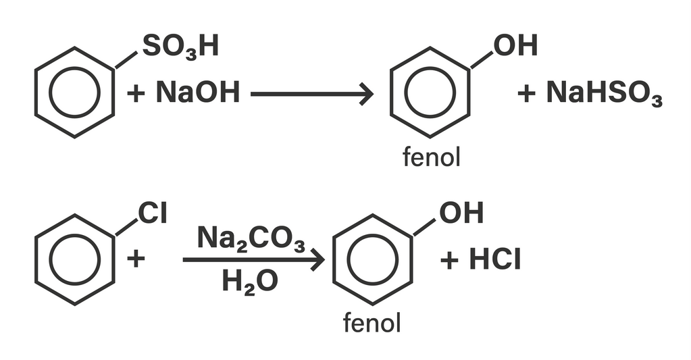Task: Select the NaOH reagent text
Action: (197, 93)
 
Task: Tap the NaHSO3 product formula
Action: (604, 93)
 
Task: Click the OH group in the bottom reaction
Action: (461, 213)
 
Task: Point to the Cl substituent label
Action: (153, 213)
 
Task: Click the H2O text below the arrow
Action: (250, 282)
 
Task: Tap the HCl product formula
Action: (495, 260)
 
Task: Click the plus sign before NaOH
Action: (136, 93)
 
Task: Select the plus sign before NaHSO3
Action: (527, 93)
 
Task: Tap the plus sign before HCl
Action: (450, 260)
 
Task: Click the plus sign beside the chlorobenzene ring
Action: (136, 259)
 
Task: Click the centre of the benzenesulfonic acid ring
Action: (75, 93)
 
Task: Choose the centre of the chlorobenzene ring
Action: (75, 259)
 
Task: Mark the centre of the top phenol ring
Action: (430, 93)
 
